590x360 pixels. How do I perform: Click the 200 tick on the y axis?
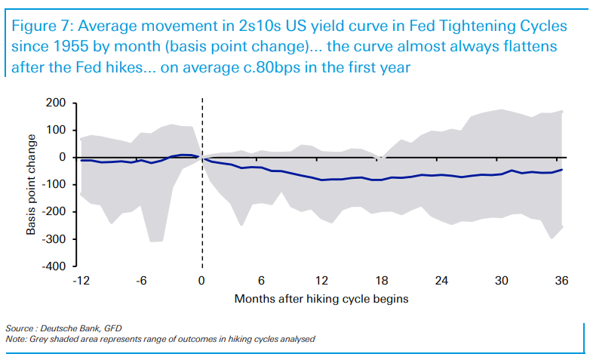pyautogui.click(x=57, y=103)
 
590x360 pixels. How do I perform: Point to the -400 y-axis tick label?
pyautogui.click(x=55, y=266)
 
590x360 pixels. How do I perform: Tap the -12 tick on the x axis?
pyautogui.click(x=81, y=281)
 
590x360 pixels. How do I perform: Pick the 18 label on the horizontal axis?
pyautogui.click(x=382, y=281)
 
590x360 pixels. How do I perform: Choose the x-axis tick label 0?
pyautogui.click(x=201, y=281)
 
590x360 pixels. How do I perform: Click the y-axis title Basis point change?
pyautogui.click(x=32, y=184)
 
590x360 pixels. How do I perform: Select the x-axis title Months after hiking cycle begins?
pyautogui.click(x=321, y=298)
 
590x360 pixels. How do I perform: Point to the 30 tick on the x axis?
pyautogui.click(x=502, y=281)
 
